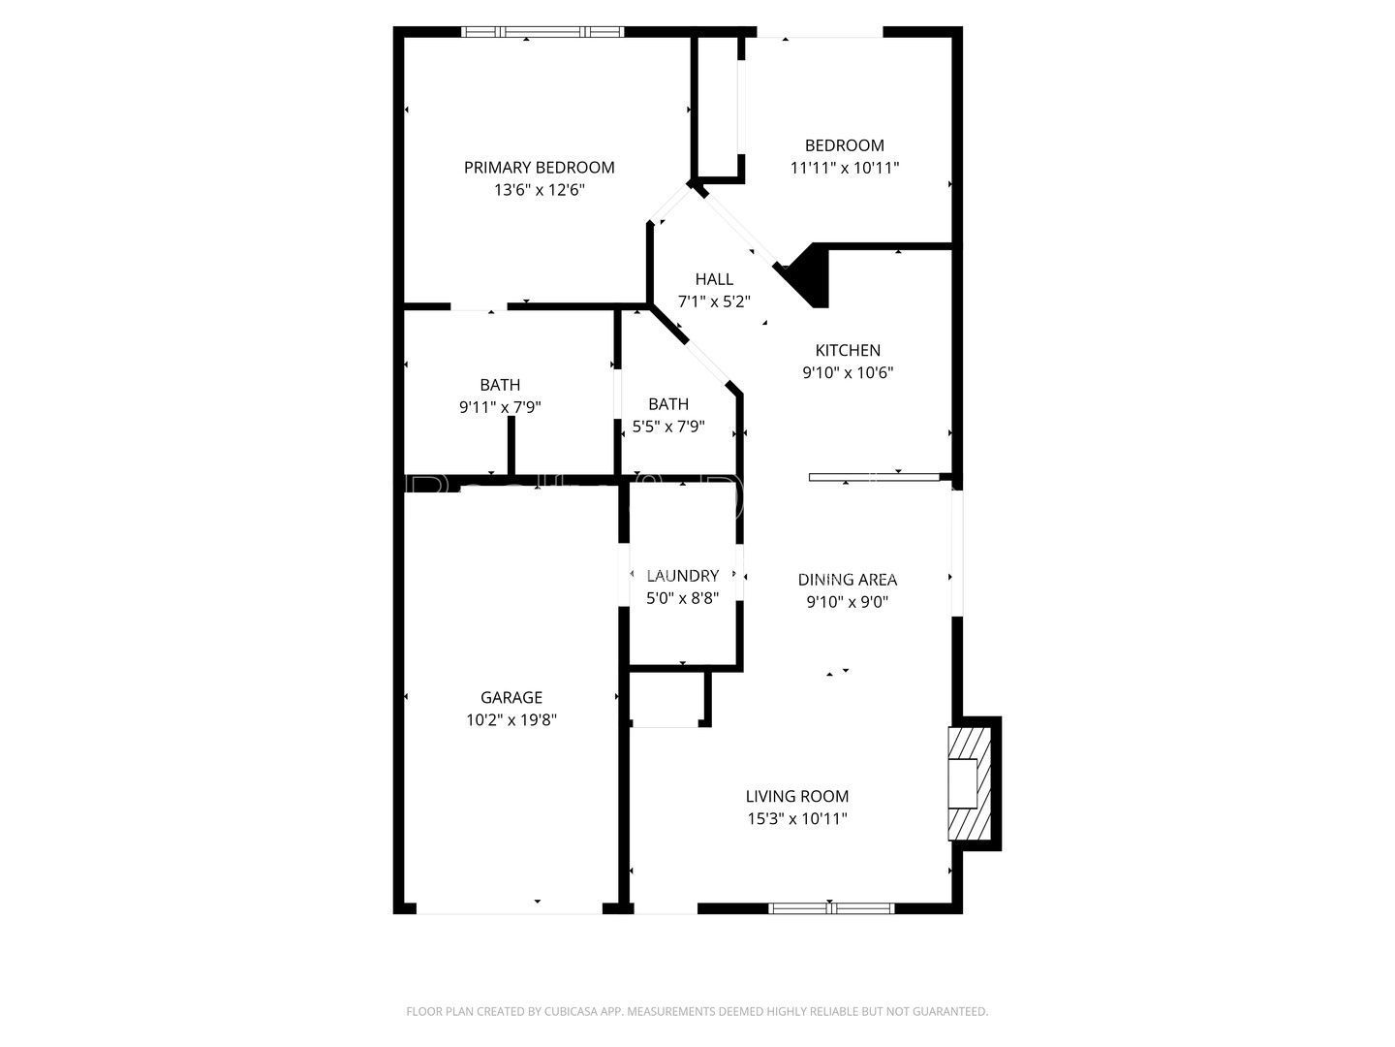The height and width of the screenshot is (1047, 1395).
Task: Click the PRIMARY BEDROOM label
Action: click(x=539, y=168)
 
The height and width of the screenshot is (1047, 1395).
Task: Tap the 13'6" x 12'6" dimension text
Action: click(x=539, y=190)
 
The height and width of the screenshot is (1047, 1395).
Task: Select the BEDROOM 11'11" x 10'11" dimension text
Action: click(x=844, y=168)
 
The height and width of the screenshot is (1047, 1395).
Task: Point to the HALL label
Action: click(x=714, y=279)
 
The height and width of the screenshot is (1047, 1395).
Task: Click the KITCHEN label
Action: click(x=847, y=350)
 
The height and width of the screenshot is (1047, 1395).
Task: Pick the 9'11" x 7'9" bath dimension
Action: click(x=500, y=407)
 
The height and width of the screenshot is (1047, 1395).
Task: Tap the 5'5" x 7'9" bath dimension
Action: click(x=668, y=426)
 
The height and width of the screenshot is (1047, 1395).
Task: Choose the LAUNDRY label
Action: click(x=682, y=576)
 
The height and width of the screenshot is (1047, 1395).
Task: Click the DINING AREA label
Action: click(x=847, y=580)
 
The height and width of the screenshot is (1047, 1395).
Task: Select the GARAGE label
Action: click(x=511, y=697)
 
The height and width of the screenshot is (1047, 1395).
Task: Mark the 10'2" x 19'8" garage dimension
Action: click(x=511, y=719)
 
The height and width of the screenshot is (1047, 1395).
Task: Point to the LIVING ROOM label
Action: click(x=796, y=796)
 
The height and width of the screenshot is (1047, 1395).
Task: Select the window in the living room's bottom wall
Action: click(x=830, y=908)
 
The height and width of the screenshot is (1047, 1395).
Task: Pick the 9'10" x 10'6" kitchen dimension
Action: click(x=847, y=372)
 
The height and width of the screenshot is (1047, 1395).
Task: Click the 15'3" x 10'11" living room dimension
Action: click(x=796, y=818)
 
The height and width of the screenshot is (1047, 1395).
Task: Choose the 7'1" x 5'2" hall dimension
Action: click(x=714, y=301)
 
